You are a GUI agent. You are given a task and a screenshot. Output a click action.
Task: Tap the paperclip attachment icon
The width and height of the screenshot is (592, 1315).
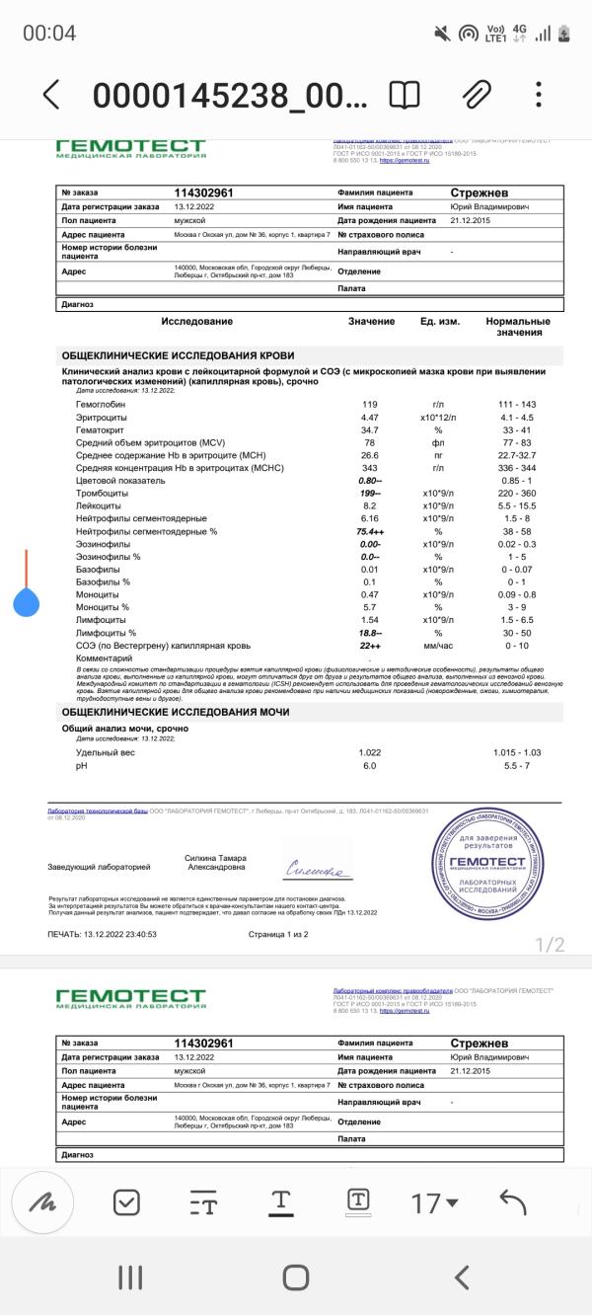pyautogui.click(x=477, y=95)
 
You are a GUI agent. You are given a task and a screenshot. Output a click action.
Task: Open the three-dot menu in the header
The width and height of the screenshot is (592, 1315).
pyautogui.click(x=538, y=95)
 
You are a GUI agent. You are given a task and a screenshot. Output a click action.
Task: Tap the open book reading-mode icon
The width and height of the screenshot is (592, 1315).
pyautogui.click(x=404, y=95)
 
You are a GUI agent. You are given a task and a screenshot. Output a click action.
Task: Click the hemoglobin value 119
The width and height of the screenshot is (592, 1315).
pyautogui.click(x=370, y=405)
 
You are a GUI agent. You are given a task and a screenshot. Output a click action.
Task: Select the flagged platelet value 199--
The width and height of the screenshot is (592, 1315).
pyautogui.click(x=371, y=493)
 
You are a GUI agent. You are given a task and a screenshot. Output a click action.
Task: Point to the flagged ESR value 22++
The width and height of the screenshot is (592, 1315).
pyautogui.click(x=371, y=645)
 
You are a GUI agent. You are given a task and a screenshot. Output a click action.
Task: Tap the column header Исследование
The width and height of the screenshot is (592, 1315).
pyautogui.click(x=197, y=322)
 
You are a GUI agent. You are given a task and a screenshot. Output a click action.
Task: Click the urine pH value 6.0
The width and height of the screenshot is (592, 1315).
pyautogui.click(x=370, y=766)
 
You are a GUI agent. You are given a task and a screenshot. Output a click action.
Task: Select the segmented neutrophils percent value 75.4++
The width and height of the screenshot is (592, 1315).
pyautogui.click(x=371, y=531)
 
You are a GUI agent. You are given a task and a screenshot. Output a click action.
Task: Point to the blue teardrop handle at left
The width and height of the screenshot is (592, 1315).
pyautogui.click(x=27, y=601)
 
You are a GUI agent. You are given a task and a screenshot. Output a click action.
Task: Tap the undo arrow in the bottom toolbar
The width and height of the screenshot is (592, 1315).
pyautogui.click(x=513, y=1201)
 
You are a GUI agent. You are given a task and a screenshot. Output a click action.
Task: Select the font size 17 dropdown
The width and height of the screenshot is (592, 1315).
pyautogui.click(x=435, y=1202)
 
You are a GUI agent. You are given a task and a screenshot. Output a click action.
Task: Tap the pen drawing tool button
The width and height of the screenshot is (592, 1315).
pyautogui.click(x=42, y=1201)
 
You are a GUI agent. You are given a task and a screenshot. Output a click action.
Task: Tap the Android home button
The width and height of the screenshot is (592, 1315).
pyautogui.click(x=296, y=1277)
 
